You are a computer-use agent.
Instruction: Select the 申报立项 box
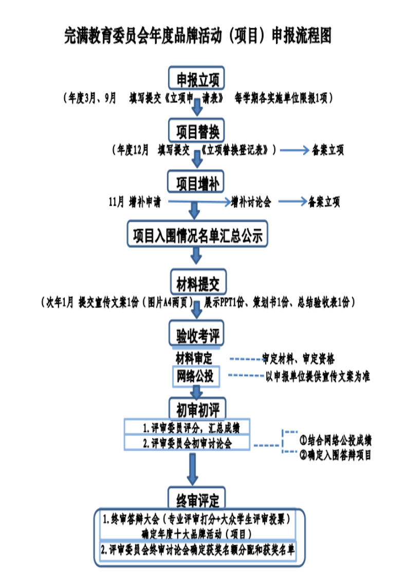[x=197, y=79]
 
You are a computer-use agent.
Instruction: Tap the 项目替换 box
[x=197, y=131]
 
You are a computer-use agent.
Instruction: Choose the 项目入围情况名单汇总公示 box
[x=197, y=236]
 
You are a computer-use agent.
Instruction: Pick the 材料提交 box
[x=197, y=283]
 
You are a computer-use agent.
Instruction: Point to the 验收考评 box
[x=197, y=336]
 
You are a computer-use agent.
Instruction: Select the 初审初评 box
[x=197, y=409]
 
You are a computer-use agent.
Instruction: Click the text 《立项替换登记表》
[x=236, y=150]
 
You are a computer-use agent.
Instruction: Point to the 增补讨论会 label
[x=251, y=202]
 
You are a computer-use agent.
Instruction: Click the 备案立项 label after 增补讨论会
[x=324, y=202]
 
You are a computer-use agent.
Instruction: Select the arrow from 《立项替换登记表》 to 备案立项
[x=291, y=150]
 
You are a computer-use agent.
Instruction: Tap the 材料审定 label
[x=194, y=358]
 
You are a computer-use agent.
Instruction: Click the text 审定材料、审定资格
[x=298, y=358]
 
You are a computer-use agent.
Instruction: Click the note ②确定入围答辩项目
[x=336, y=455]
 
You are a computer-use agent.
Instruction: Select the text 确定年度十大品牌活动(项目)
[x=198, y=533]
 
